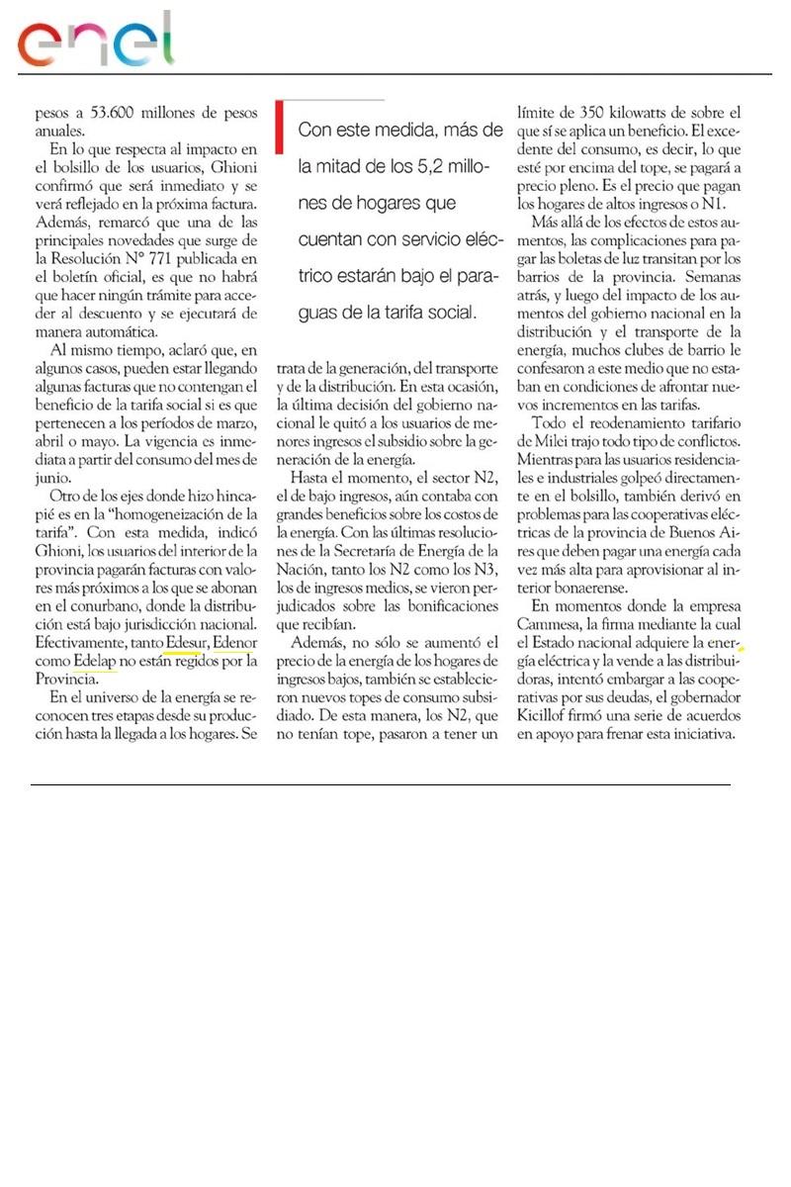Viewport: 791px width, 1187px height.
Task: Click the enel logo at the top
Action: [95, 39]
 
